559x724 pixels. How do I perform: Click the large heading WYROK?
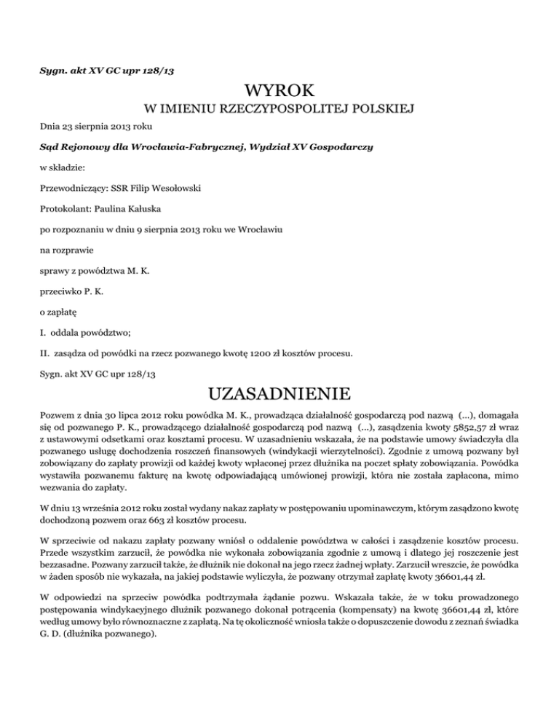(280, 91)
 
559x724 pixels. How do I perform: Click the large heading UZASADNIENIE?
(279, 394)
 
